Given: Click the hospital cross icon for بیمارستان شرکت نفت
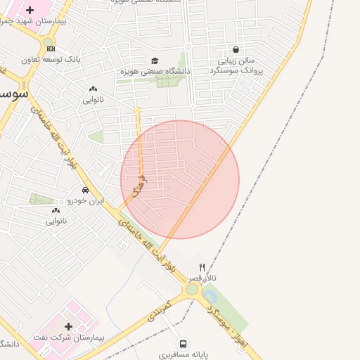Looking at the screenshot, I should click(x=68, y=326).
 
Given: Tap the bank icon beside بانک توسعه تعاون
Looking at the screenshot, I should click(x=50, y=48).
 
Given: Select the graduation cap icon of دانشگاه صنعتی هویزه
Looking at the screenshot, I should click(x=155, y=60).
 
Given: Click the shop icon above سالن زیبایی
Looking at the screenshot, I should click(x=235, y=50).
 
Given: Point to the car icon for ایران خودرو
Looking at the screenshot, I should click(x=85, y=190).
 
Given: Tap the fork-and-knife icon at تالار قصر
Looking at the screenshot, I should click(x=202, y=267).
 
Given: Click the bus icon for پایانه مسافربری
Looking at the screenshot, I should click(x=183, y=344).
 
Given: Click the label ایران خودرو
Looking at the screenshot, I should click(x=85, y=200).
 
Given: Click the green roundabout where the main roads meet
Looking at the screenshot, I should click(x=192, y=289).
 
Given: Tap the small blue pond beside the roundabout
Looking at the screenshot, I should click(x=210, y=297).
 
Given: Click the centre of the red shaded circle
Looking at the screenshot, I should click(x=180, y=179).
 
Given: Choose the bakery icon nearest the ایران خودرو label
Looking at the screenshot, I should click(x=56, y=210).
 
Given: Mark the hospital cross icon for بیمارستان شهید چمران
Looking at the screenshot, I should click(x=29, y=10).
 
